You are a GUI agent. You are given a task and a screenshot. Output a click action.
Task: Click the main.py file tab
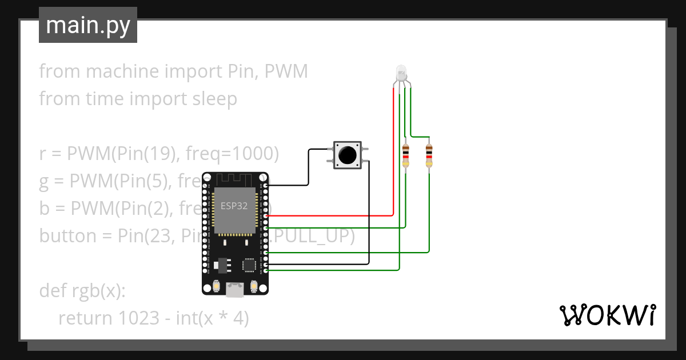(87, 25)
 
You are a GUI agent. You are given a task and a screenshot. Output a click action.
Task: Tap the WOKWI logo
(607, 315)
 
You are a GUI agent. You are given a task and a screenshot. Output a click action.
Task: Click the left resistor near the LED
(406, 155)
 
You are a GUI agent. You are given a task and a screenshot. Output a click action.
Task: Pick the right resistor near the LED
(429, 155)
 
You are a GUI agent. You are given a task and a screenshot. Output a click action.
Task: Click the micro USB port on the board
(235, 290)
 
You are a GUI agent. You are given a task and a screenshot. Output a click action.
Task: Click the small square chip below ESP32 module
(249, 265)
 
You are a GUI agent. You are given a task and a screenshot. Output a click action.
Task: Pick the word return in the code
(85, 318)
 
